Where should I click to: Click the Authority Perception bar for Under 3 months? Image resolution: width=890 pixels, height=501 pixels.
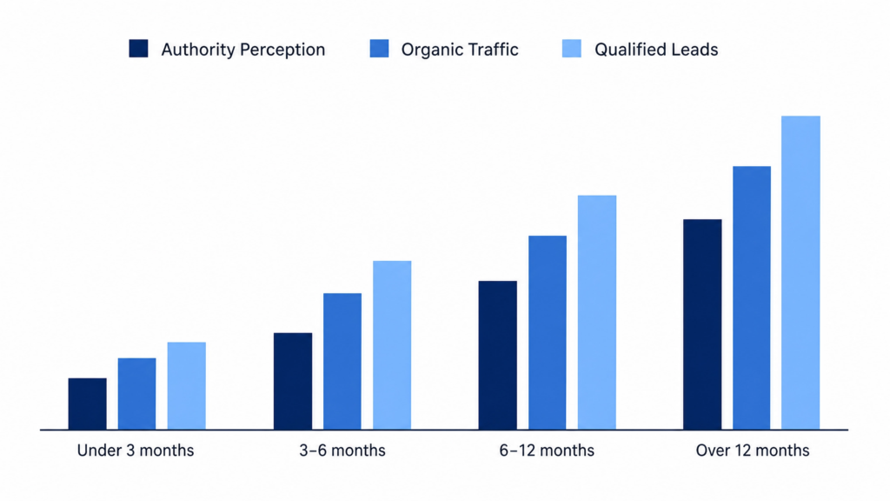coord(88,404)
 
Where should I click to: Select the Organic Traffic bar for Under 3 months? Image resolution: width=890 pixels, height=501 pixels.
coord(136,394)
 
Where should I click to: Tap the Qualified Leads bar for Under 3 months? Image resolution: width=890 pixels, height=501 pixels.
coord(187,385)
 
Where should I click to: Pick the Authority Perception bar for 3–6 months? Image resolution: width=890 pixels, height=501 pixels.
coord(293,381)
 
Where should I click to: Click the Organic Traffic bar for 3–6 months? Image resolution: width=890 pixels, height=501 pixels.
coord(342,361)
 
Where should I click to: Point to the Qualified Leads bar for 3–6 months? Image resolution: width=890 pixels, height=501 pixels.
coord(392,344)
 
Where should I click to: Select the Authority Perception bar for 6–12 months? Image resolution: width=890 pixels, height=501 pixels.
coord(498,355)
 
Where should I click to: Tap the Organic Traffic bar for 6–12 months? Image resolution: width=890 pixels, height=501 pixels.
coord(548,332)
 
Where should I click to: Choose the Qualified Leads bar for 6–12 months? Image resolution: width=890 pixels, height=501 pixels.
coord(597,312)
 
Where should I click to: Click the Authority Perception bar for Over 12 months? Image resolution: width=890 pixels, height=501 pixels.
coord(702,324)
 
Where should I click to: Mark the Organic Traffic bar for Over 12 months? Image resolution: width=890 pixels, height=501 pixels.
coord(752,297)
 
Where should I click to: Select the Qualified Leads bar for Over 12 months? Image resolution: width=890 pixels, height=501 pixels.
coord(800,272)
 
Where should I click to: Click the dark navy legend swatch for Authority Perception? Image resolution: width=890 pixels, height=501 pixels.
coord(138,49)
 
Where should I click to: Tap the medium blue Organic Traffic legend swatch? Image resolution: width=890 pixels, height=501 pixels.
coord(379,49)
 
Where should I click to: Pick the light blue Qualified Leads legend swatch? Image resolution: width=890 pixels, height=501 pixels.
coord(572,49)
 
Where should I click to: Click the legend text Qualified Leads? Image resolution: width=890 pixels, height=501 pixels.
coord(656,50)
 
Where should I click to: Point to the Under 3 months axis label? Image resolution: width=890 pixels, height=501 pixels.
coord(136,451)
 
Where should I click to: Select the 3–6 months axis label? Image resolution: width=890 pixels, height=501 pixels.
coord(342,451)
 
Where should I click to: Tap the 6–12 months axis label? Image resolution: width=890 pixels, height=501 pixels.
coord(547,451)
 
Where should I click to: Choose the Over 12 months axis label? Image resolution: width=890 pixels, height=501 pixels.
coord(753,451)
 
